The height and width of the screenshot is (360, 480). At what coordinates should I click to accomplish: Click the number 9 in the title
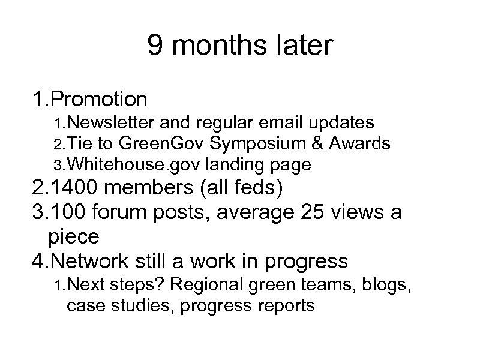[x=155, y=46]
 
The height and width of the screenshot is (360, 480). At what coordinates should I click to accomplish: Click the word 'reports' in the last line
[x=284, y=307]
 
